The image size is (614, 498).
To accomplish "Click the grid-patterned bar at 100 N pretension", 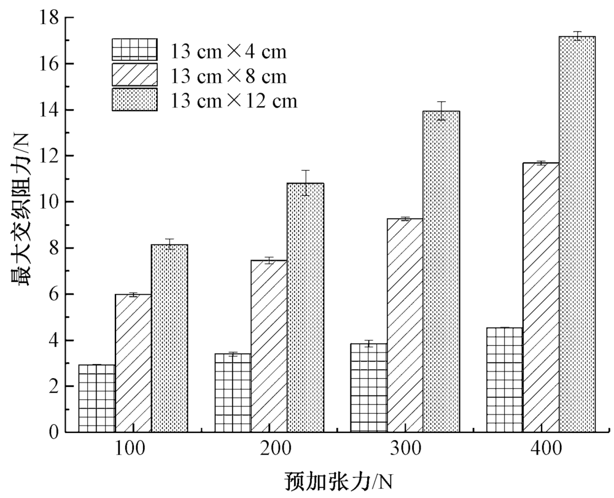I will [x=97, y=399].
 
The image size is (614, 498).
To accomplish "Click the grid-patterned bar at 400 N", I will [x=504, y=380].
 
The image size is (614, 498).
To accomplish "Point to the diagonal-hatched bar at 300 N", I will [x=405, y=325].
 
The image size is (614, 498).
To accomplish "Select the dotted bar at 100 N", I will [x=169, y=338].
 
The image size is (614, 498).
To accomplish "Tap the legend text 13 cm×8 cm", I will [x=228, y=76].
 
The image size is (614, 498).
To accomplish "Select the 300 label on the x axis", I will [x=405, y=449].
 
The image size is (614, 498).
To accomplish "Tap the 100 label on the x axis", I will [x=130, y=449].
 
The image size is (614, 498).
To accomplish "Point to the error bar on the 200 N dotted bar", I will [x=305, y=182].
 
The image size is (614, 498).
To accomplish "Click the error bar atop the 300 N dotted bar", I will [x=441, y=111].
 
